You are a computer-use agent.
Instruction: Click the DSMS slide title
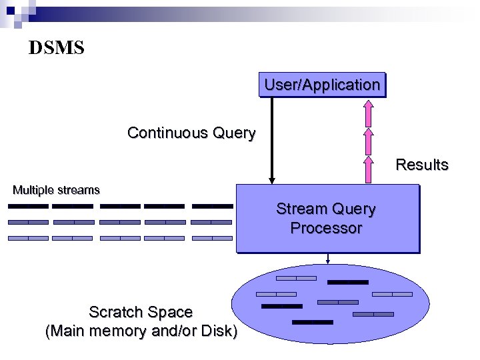click(x=57, y=48)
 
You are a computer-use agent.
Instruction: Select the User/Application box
click(x=322, y=85)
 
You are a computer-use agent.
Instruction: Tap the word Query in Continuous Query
click(x=234, y=133)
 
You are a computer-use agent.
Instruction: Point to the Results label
click(x=422, y=165)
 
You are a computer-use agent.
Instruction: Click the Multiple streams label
click(x=57, y=190)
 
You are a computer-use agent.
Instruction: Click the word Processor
click(x=326, y=228)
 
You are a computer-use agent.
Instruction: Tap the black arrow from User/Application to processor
click(x=271, y=140)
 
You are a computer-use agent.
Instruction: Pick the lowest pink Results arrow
click(x=367, y=169)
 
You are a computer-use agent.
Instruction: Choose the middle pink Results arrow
click(x=367, y=141)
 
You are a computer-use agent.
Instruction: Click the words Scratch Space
click(x=141, y=312)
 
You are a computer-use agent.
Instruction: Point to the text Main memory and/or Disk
click(x=141, y=331)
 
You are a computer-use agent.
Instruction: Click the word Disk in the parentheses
click(x=217, y=331)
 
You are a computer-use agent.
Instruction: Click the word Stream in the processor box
click(x=301, y=209)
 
